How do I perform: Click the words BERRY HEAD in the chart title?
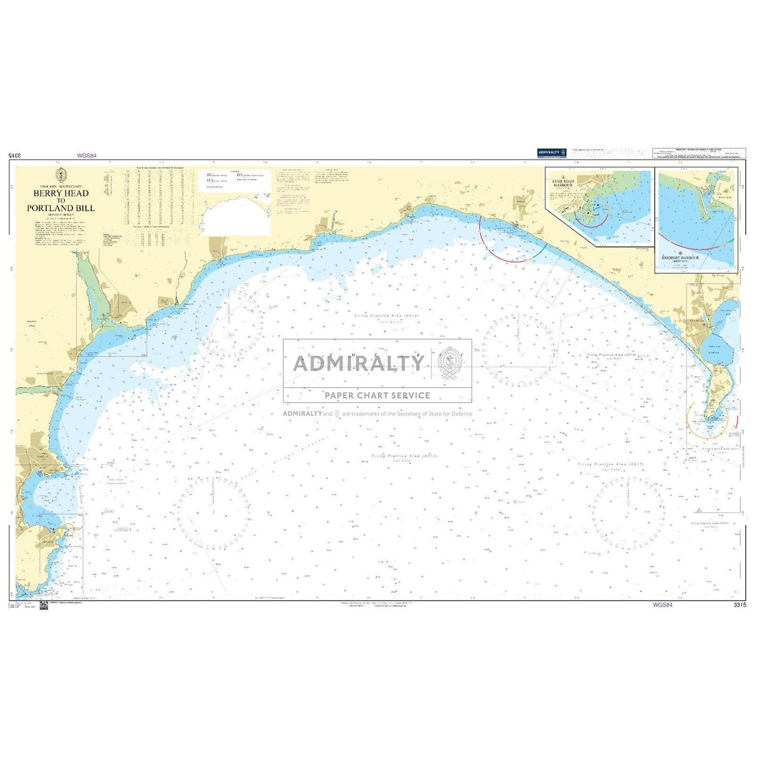coord(61,193)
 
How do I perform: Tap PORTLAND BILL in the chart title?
coord(61,208)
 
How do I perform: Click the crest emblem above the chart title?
coord(61,175)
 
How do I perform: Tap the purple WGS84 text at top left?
coord(87,156)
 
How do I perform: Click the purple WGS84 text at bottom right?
coord(662,605)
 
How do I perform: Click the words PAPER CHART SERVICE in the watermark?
coord(377,395)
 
